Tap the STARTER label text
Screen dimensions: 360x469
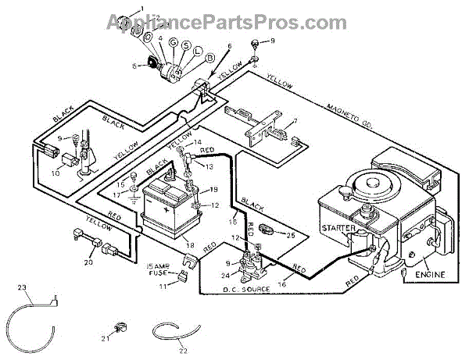tap(338, 228)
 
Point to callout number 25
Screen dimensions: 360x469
tap(291, 234)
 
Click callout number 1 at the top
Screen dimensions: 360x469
tap(143, 8)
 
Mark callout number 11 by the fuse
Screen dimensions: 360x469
tap(163, 287)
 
